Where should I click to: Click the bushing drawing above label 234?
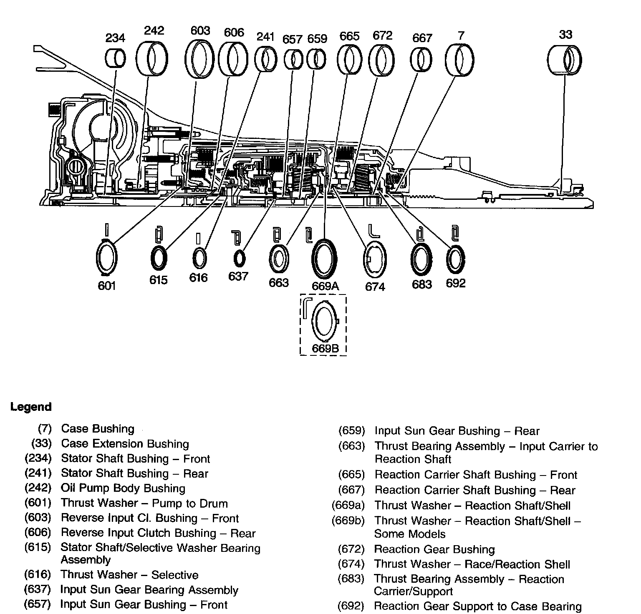(115, 58)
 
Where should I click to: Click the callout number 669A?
(325, 286)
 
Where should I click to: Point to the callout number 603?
(200, 31)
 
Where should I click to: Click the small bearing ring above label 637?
(239, 259)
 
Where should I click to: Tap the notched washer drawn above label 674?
(374, 259)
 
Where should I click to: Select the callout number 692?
(455, 283)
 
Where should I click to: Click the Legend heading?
(31, 407)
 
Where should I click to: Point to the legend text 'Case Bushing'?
(98, 429)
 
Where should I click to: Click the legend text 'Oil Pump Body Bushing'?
(123, 488)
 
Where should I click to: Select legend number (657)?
(38, 604)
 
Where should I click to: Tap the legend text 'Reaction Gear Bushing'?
(434, 549)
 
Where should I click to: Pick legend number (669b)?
(348, 521)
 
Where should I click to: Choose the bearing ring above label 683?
(421, 259)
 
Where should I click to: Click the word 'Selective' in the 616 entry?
(175, 575)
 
